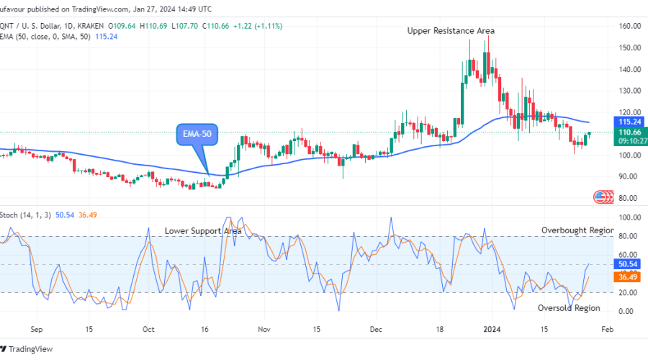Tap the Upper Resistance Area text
pyautogui.click(x=451, y=31)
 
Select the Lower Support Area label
pyautogui.click(x=203, y=230)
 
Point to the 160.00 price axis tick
pyautogui.click(x=630, y=26)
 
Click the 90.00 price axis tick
pyautogui.click(x=630, y=176)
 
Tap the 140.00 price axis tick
pyautogui.click(x=630, y=69)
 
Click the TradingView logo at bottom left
pyautogui.click(x=31, y=350)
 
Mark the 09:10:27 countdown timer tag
pyautogui.click(x=630, y=142)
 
